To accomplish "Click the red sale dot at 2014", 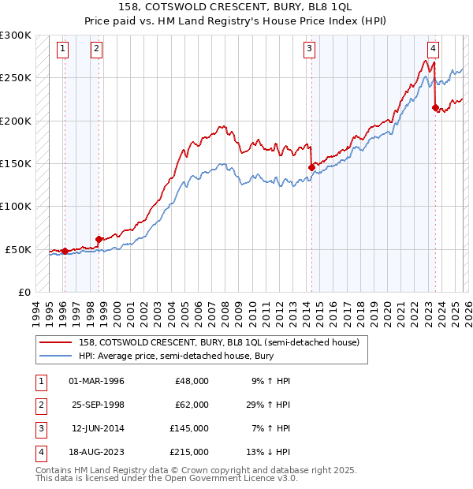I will [311, 167].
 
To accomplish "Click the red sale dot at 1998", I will [99, 239].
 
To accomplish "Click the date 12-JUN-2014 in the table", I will [97, 428].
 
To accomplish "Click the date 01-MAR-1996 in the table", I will [97, 381].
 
